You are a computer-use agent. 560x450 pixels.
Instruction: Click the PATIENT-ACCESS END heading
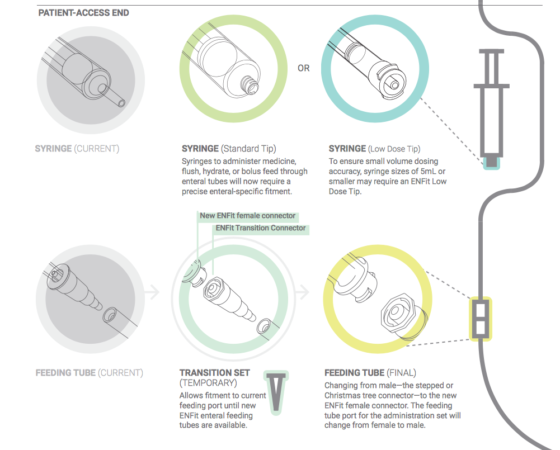[x=83, y=13]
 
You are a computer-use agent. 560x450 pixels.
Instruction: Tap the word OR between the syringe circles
[x=304, y=68]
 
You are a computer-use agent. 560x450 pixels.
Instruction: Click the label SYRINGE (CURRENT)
[x=77, y=149]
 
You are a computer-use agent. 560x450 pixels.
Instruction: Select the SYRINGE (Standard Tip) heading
[x=229, y=149]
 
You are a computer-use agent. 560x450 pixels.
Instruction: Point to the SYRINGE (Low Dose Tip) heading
[x=375, y=149]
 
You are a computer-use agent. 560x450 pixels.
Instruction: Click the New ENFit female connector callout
[x=247, y=216]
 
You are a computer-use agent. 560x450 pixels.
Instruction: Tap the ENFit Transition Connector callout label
[x=261, y=228]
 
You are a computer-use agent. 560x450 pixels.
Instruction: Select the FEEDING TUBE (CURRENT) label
[x=90, y=373]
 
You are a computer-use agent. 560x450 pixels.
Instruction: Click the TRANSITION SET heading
[x=215, y=372]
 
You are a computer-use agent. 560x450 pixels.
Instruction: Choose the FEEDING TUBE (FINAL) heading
[x=370, y=373]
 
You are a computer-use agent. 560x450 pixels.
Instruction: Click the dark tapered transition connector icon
[x=276, y=392]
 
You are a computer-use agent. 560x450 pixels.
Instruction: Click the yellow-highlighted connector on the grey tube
[x=481, y=319]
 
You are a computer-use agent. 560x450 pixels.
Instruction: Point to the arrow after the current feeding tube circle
[x=152, y=292]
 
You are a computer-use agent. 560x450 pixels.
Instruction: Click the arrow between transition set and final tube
[x=302, y=292]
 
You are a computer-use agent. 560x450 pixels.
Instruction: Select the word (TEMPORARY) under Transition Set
[x=208, y=383]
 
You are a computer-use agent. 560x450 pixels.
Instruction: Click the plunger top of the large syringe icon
[x=491, y=51]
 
